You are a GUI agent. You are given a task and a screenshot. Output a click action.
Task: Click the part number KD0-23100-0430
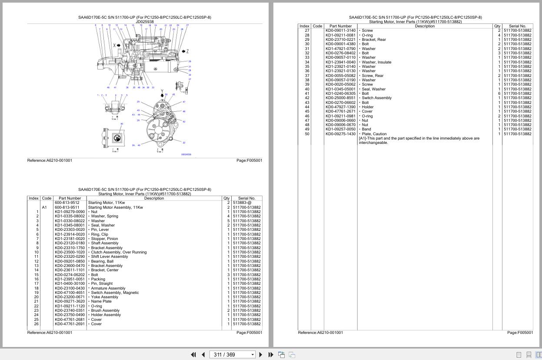pos(70,288)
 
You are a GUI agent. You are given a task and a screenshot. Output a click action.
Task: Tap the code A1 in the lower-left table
pos(44,207)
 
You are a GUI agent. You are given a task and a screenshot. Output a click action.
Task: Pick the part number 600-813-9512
pos(67,203)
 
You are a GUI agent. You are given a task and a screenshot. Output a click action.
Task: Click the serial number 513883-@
pos(242,203)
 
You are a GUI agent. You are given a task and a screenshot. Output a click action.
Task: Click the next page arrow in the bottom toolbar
pos(260,355)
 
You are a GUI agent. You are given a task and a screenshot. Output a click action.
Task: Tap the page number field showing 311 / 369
pos(231,355)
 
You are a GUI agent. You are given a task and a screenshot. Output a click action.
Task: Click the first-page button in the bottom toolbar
pos(193,355)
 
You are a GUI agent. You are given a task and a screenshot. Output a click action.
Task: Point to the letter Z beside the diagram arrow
pos(187,51)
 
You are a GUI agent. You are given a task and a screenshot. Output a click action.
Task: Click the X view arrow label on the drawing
pos(115,45)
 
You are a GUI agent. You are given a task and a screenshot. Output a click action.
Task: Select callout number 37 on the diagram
pos(190,79)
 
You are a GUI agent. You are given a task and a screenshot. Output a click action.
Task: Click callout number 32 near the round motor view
pos(184,143)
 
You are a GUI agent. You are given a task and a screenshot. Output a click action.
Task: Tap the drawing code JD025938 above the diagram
pos(145,22)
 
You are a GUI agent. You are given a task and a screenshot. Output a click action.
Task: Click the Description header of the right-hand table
pos(424,26)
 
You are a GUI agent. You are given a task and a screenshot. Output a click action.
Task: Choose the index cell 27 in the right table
pos(307,30)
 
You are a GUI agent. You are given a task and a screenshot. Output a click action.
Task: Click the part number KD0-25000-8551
pos(340,98)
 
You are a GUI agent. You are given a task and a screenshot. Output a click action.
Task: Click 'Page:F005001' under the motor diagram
pos(249,160)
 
